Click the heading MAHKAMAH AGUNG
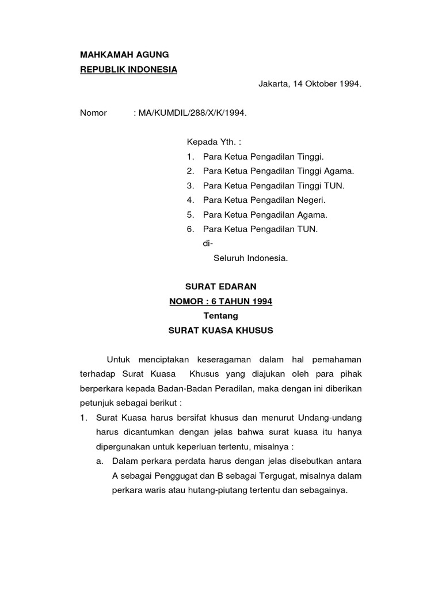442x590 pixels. (x=124, y=55)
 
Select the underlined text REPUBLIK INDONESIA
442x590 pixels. (x=128, y=70)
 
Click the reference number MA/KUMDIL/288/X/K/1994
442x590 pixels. (x=192, y=113)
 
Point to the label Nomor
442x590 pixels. (x=93, y=113)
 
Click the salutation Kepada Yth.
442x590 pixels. (x=209, y=142)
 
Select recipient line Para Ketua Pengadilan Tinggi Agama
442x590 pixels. (x=279, y=171)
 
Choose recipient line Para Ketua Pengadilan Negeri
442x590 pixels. (x=264, y=200)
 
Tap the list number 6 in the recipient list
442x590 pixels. (x=189, y=229)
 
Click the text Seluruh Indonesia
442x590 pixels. (x=250, y=258)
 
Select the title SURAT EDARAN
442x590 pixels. (x=220, y=286)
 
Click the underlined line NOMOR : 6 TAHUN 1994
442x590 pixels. (x=220, y=301)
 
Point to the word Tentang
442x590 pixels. (x=220, y=316)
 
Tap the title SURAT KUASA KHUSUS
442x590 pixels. (x=220, y=331)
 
